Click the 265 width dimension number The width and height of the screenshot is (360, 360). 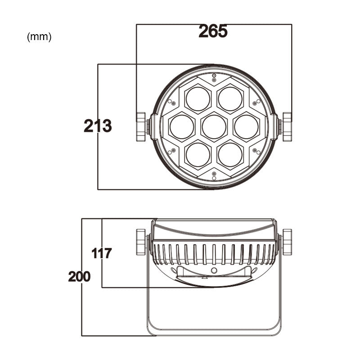tap(213, 31)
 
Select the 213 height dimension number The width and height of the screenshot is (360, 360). tap(98, 126)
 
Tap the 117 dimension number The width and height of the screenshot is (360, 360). tap(102, 253)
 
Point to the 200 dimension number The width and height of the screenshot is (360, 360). tap(79, 276)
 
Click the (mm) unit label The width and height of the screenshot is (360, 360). tap(40, 37)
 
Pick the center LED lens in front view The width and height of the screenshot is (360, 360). tap(214, 127)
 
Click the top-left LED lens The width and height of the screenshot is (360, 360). tap(198, 99)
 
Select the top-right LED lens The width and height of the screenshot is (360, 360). tap(230, 99)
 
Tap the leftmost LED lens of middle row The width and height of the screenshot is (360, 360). tap(182, 127)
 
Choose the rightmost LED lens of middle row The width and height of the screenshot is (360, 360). tap(247, 127)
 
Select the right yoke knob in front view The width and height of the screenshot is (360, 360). tap(287, 127)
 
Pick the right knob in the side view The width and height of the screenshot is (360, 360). tap(287, 242)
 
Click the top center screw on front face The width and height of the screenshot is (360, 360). tap(214, 76)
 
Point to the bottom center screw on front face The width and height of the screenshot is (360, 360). tap(214, 178)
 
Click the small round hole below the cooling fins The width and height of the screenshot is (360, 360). tap(214, 270)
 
